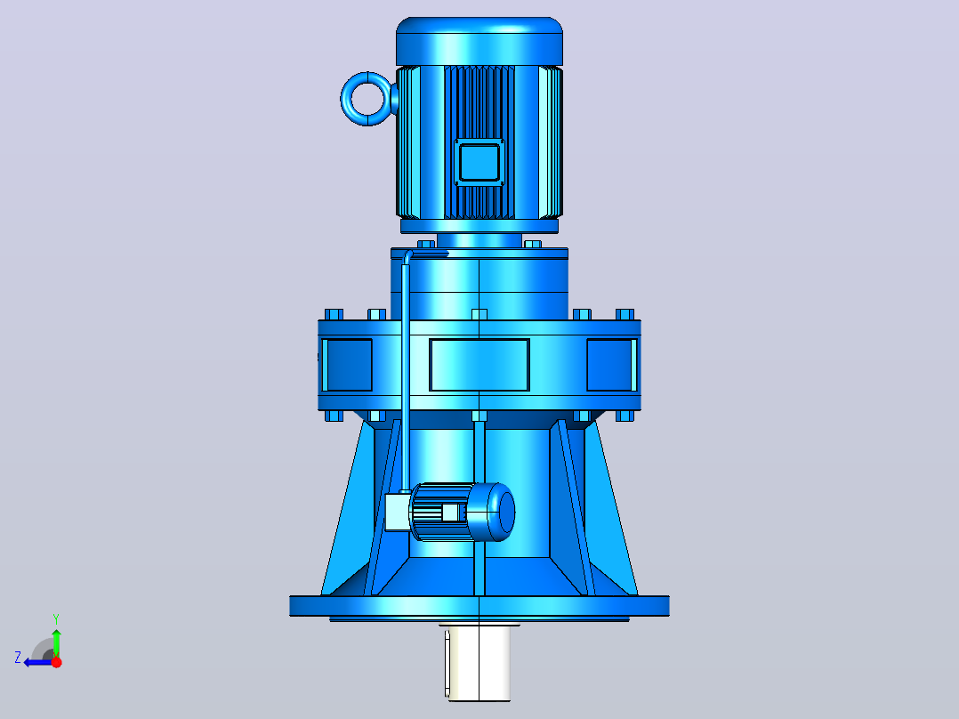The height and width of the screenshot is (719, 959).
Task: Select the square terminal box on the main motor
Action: coord(479,162)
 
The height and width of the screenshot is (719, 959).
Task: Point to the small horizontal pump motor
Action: coord(462,513)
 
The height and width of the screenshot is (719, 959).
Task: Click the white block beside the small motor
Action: coord(397,513)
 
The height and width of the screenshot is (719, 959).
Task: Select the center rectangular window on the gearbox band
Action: coord(479,365)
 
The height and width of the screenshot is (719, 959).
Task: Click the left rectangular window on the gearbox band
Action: coord(347,365)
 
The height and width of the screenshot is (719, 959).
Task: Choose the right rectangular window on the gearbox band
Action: coord(612,365)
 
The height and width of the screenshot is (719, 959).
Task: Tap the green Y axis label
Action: coord(56,619)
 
